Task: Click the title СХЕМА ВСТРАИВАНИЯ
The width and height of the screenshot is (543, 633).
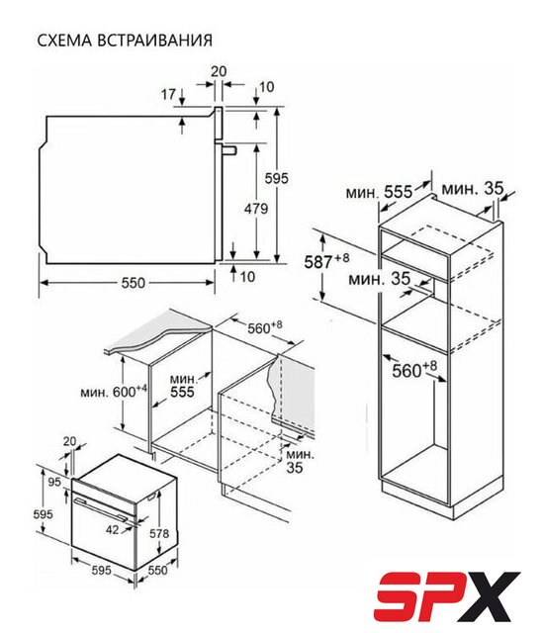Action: pyautogui.click(x=125, y=41)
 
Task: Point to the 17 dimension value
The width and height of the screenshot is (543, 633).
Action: pyautogui.click(x=169, y=95)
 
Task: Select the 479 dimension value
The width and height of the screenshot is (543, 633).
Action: pyautogui.click(x=256, y=209)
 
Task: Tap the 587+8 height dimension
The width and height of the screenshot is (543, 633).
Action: pyautogui.click(x=326, y=261)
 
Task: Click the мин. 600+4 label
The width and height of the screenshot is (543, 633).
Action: pyautogui.click(x=114, y=392)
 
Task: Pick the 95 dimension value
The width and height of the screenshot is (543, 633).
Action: pyautogui.click(x=53, y=482)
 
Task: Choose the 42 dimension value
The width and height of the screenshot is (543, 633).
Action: pyautogui.click(x=113, y=529)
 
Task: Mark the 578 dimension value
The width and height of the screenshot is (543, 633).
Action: pyautogui.click(x=159, y=534)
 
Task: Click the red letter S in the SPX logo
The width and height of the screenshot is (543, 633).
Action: pyautogui.click(x=400, y=598)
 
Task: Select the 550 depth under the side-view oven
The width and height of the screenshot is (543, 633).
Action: pyautogui.click(x=133, y=283)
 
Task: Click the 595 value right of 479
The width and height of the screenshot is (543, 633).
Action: pyautogui.click(x=277, y=178)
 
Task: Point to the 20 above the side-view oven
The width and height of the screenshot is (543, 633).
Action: pyautogui.click(x=219, y=71)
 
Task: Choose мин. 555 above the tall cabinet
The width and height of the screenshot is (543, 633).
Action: pyautogui.click(x=379, y=192)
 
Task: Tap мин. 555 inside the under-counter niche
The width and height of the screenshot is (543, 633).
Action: pyautogui.click(x=182, y=386)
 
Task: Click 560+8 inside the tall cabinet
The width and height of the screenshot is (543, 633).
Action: pyautogui.click(x=414, y=369)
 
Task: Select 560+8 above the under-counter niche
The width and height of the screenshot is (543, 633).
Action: pyautogui.click(x=265, y=327)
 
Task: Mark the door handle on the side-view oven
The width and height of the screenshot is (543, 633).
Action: pyautogui.click(x=228, y=149)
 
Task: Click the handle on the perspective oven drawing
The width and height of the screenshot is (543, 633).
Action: pyautogui.click(x=103, y=508)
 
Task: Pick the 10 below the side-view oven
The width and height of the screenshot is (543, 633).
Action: pyautogui.click(x=247, y=277)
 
